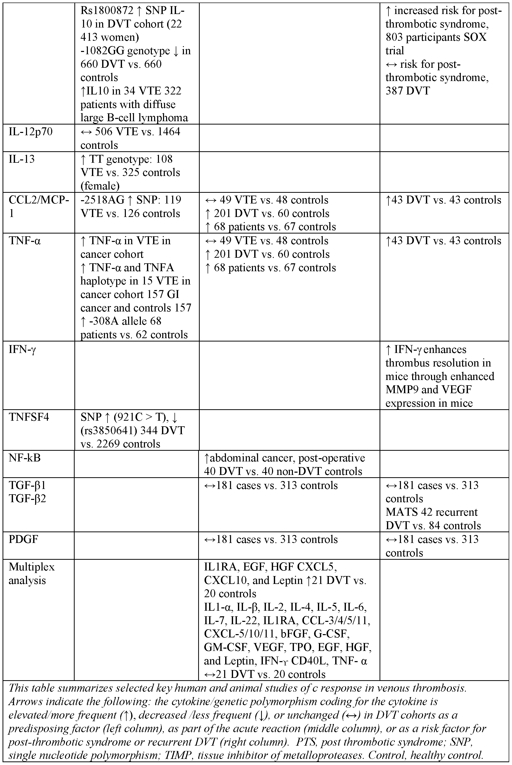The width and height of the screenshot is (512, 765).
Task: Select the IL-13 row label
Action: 22,159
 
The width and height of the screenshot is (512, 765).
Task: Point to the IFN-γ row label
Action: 22,350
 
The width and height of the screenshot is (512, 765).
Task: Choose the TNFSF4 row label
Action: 29,417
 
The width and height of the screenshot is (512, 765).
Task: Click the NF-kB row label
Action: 24,458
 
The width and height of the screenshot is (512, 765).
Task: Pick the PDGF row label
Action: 23,539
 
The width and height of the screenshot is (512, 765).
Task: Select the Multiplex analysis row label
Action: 31,573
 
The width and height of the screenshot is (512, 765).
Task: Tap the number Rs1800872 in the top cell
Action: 107,11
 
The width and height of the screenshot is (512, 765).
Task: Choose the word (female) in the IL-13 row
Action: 100,186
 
